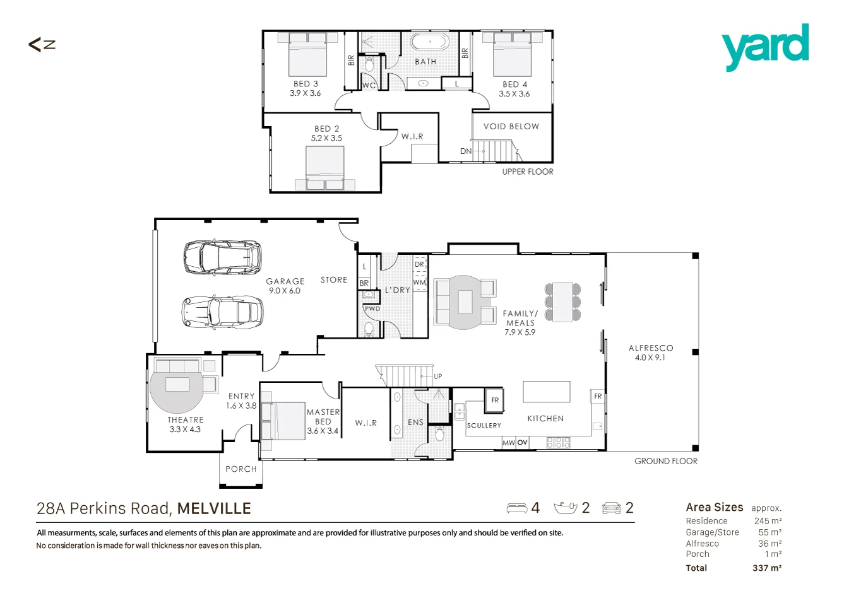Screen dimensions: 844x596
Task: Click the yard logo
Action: [x=765, y=47]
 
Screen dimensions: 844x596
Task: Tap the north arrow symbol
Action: [x=42, y=45]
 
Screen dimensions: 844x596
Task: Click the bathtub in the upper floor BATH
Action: [x=429, y=42]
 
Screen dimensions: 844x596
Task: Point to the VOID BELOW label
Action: [x=511, y=127]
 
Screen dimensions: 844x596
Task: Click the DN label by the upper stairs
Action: [x=466, y=151]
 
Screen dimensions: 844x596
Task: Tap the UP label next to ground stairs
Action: [x=438, y=376]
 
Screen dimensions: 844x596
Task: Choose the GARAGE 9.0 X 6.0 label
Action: [x=285, y=286]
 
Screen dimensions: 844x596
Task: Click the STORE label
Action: [x=334, y=280]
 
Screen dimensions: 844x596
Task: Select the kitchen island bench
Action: [x=546, y=392]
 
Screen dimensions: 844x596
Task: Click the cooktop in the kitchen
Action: [x=559, y=442]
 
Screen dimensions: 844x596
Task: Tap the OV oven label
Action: [x=522, y=442]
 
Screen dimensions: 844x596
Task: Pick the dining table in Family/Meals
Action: [x=562, y=302]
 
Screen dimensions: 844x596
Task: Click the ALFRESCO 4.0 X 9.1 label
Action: [x=651, y=353]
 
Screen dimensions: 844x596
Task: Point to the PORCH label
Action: [x=241, y=469]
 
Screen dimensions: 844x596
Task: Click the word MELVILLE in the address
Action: [x=214, y=509]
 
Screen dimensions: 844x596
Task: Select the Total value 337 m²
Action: [x=767, y=568]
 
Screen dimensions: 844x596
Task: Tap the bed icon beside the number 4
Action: [x=517, y=508]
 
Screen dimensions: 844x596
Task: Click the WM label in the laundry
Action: [x=419, y=283]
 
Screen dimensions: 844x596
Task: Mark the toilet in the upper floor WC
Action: [x=369, y=65]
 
